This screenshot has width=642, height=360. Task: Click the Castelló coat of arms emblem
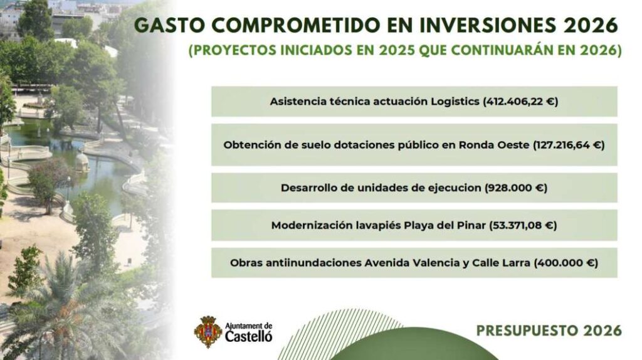pyautogui.click(x=206, y=331)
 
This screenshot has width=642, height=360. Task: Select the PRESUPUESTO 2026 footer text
pyautogui.click(x=549, y=331)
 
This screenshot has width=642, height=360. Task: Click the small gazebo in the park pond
pyautogui.click(x=82, y=162)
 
